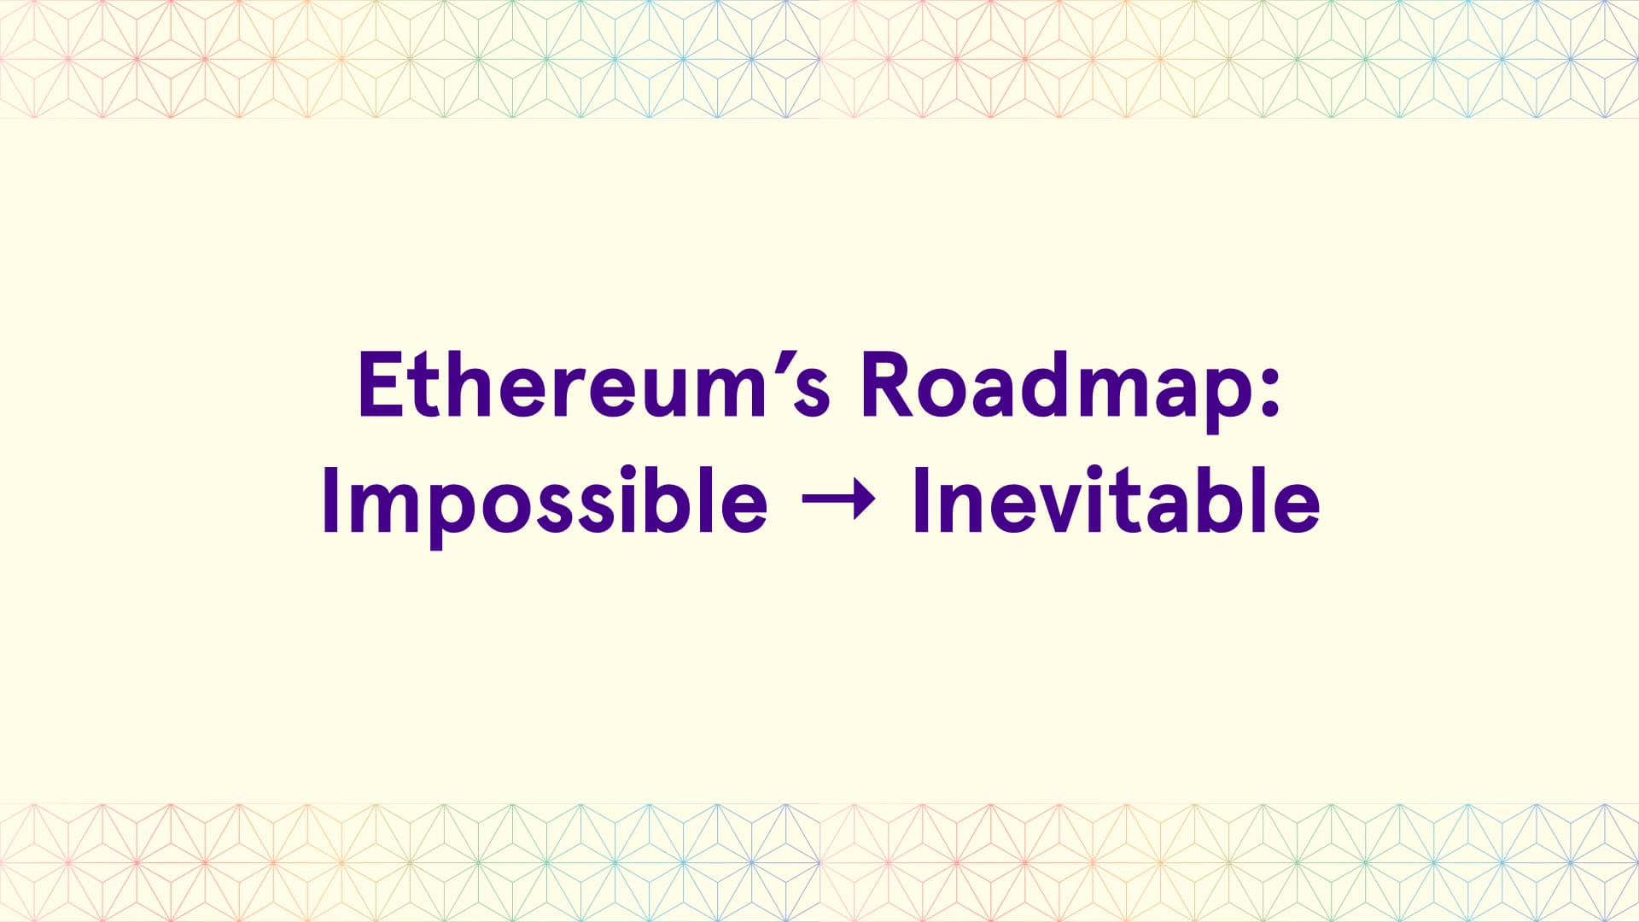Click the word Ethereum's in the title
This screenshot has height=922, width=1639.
(x=594, y=384)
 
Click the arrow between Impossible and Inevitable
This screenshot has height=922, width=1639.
(x=839, y=500)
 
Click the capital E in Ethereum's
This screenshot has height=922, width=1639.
(x=380, y=384)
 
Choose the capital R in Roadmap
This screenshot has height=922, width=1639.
(x=888, y=384)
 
